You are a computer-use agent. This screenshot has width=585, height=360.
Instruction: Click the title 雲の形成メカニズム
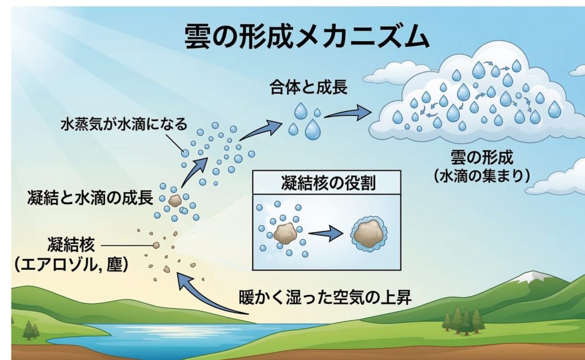pyautogui.click(x=306, y=37)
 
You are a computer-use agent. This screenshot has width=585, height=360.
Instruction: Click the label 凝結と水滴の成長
pyautogui.click(x=90, y=198)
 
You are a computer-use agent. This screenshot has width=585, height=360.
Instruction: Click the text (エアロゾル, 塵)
pyautogui.click(x=70, y=265)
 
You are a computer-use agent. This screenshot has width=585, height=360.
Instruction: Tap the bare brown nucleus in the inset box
pyautogui.click(x=284, y=233)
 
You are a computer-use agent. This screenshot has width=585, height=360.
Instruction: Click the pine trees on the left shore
pyautogui.click(x=29, y=329)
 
